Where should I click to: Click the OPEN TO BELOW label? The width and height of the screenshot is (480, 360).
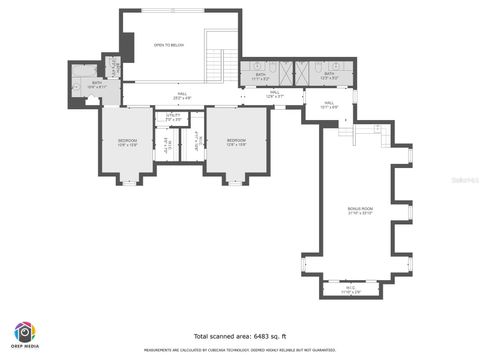click(167, 45)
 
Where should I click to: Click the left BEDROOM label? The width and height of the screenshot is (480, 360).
click(128, 141)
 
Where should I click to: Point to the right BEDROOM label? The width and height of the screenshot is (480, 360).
click(236, 141)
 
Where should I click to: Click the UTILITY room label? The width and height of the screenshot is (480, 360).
click(173, 117)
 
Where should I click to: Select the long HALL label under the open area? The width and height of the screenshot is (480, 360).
click(181, 96)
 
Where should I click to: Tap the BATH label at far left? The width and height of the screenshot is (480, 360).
click(97, 84)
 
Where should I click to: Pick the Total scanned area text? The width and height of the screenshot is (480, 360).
click(240, 336)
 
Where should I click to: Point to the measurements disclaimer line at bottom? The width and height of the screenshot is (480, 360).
click(240, 350)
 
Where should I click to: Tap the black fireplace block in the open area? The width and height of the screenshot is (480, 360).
click(127, 46)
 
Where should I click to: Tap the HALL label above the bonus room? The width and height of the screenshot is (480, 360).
click(329, 104)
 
